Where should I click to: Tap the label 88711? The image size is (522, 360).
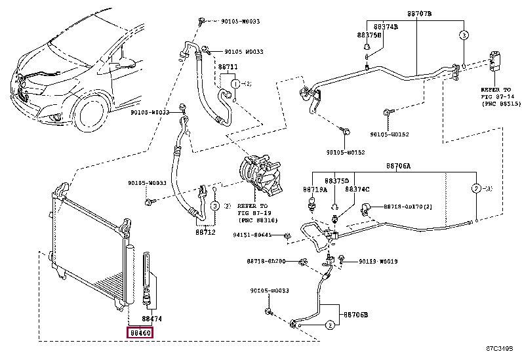pyautogui.click(x=228, y=68)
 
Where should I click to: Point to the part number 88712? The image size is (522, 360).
pyautogui.click(x=205, y=231)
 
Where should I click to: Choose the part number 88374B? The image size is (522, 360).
pyautogui.click(x=386, y=26)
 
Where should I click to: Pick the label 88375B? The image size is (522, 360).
pyautogui.click(x=369, y=34)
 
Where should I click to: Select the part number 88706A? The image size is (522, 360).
pyautogui.click(x=398, y=167)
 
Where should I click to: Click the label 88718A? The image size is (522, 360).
pyautogui.click(x=313, y=189)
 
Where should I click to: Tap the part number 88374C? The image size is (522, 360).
pyautogui.click(x=358, y=189)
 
